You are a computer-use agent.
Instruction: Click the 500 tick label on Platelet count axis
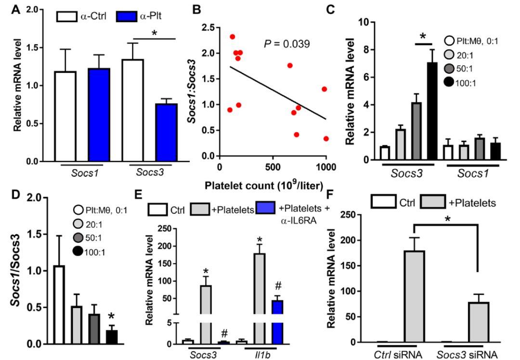(273, 167)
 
